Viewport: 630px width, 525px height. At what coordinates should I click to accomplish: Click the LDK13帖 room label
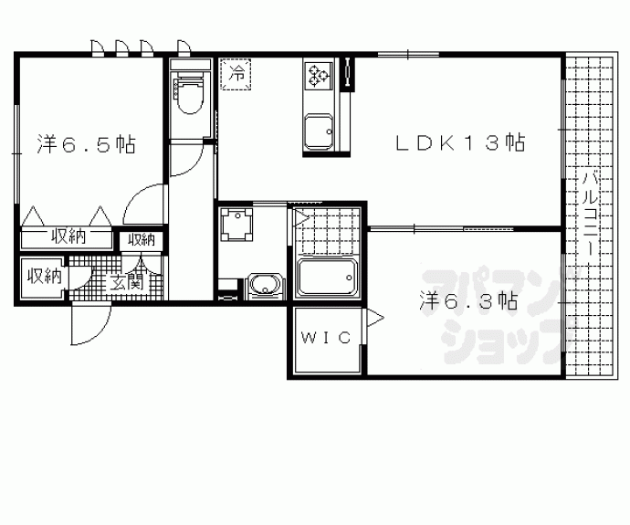point(460,142)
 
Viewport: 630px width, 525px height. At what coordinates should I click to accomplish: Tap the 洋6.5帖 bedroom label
point(87,143)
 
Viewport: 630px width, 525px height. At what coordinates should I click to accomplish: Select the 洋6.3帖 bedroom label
point(468,300)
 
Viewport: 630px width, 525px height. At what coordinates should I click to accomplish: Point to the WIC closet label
point(326,338)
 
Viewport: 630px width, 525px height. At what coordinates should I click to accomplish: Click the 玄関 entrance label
point(127,282)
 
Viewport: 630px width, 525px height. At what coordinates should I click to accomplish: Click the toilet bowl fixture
point(190,94)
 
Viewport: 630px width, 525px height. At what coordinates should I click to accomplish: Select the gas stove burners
point(319,75)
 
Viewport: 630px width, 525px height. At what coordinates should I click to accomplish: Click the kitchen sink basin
point(319,131)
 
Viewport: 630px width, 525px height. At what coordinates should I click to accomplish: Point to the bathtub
point(327,278)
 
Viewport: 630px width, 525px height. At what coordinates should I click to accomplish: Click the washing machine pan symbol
point(237,224)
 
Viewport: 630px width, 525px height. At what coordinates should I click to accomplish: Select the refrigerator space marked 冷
point(236,74)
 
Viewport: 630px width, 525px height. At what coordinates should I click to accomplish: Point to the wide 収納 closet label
point(68,236)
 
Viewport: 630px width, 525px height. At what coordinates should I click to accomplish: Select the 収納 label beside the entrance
point(44,277)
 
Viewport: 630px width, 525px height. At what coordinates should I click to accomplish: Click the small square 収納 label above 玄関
point(142,240)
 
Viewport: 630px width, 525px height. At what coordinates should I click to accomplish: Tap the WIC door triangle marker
point(374,318)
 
